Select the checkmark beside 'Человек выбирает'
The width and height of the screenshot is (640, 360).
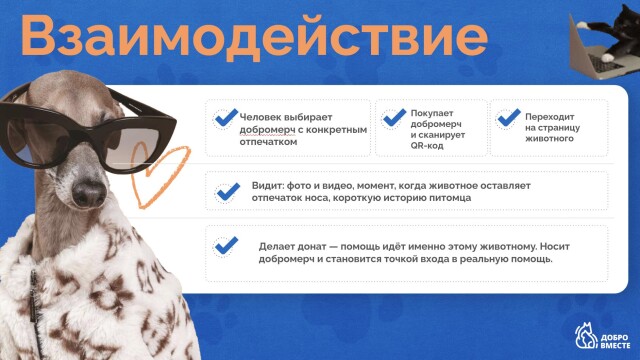point(226,117)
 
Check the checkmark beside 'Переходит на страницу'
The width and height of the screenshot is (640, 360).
point(508,119)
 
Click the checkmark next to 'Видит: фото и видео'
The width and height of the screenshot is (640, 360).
point(227,191)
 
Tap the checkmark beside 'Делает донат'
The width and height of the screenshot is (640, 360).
point(227,245)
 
